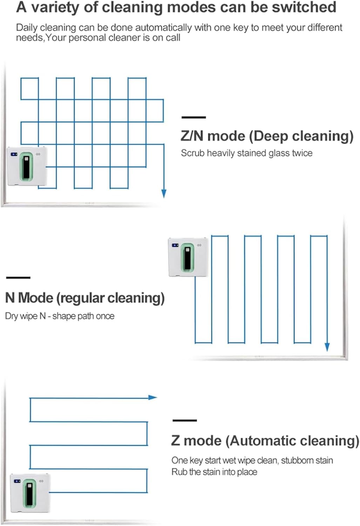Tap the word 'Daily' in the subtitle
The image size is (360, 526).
tap(28, 27)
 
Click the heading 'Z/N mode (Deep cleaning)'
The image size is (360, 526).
tap(267, 136)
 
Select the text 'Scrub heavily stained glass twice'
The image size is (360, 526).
tap(246, 153)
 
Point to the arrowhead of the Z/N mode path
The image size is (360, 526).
tap(164, 193)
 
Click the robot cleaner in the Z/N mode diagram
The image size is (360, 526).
tap(27, 166)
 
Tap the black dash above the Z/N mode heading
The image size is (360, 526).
tap(193, 117)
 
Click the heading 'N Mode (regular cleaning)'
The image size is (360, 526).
tap(85, 298)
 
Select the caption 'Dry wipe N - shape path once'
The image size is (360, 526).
tap(60, 316)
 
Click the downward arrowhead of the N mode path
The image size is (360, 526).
tap(327, 347)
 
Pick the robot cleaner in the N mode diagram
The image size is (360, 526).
tap(188, 257)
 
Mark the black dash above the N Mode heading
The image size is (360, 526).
tap(18, 278)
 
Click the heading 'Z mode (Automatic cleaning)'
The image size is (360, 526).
tap(265, 441)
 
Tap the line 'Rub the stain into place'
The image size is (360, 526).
tap(214, 472)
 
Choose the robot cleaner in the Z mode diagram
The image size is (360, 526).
tap(30, 493)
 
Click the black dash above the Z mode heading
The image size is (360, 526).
tap(185, 420)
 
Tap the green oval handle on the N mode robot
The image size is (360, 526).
tap(188, 257)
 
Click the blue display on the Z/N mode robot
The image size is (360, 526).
tap(14, 154)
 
